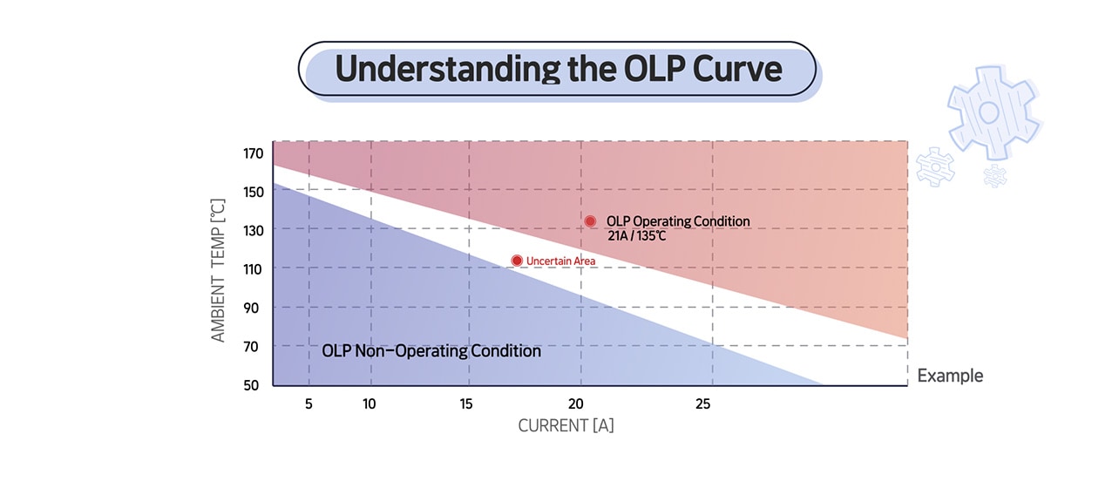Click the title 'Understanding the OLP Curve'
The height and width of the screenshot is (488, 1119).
tap(558, 69)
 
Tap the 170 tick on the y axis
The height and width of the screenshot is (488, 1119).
tap(253, 154)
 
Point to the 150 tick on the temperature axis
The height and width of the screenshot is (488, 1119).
tap(253, 192)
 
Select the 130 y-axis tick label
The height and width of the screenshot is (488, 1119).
tap(253, 230)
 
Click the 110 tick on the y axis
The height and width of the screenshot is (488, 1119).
tap(253, 269)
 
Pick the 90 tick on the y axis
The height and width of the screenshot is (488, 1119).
tap(253, 308)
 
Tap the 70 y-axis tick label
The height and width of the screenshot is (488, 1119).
tap(253, 346)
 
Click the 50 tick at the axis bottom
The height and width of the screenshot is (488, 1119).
tap(253, 385)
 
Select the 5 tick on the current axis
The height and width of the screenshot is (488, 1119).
tap(309, 404)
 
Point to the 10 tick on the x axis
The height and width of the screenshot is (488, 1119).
tap(370, 404)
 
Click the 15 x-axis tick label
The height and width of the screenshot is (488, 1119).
tap(467, 404)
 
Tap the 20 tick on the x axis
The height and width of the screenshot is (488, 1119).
tap(576, 404)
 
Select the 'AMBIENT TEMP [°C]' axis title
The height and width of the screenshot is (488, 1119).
tap(218, 270)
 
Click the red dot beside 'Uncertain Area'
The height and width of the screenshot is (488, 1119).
tap(517, 261)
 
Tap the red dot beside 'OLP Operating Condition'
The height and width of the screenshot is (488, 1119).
tap(590, 221)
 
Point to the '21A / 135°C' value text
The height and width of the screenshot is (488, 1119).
tap(637, 237)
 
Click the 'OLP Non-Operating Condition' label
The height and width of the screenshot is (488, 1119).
tap(431, 351)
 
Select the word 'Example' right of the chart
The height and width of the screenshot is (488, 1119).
tap(950, 376)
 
